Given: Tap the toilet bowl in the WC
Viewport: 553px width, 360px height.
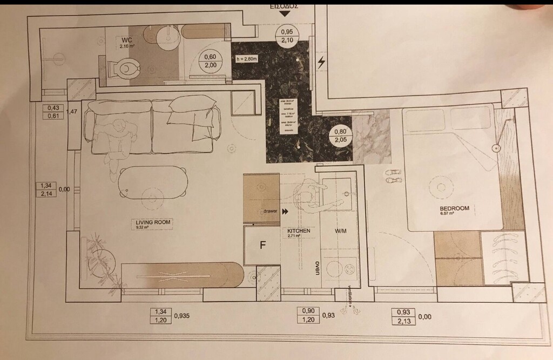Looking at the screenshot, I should pyautogui.click(x=125, y=69).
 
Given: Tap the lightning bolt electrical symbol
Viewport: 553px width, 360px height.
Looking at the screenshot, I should pyautogui.click(x=322, y=63).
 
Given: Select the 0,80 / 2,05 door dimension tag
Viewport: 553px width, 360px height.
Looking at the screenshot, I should pyautogui.click(x=340, y=135).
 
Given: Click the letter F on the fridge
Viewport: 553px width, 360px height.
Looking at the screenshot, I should pyautogui.click(x=262, y=245).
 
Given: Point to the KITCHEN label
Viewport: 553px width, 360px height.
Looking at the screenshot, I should pyautogui.click(x=299, y=231).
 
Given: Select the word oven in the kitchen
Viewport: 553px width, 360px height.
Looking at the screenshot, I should pyautogui.click(x=318, y=268).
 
